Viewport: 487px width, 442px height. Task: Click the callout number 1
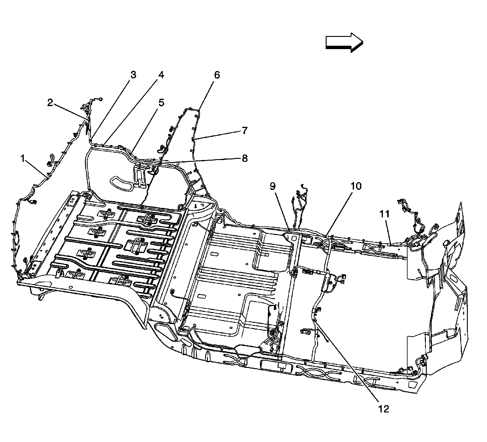point(22,159)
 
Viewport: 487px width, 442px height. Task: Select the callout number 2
point(50,103)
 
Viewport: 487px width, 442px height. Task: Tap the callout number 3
point(133,75)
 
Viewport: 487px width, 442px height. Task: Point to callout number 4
point(160,75)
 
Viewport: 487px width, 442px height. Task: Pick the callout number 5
point(161,103)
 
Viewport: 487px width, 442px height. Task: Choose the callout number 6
point(217,75)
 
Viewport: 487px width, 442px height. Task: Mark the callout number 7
point(244,131)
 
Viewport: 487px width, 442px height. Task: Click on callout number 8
point(244,159)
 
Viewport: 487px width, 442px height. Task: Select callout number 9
point(272,186)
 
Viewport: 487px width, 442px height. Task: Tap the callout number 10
point(356,186)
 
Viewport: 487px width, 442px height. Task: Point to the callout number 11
point(384,214)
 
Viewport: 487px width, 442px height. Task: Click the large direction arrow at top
point(344,42)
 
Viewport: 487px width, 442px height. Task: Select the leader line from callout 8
point(198,161)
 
